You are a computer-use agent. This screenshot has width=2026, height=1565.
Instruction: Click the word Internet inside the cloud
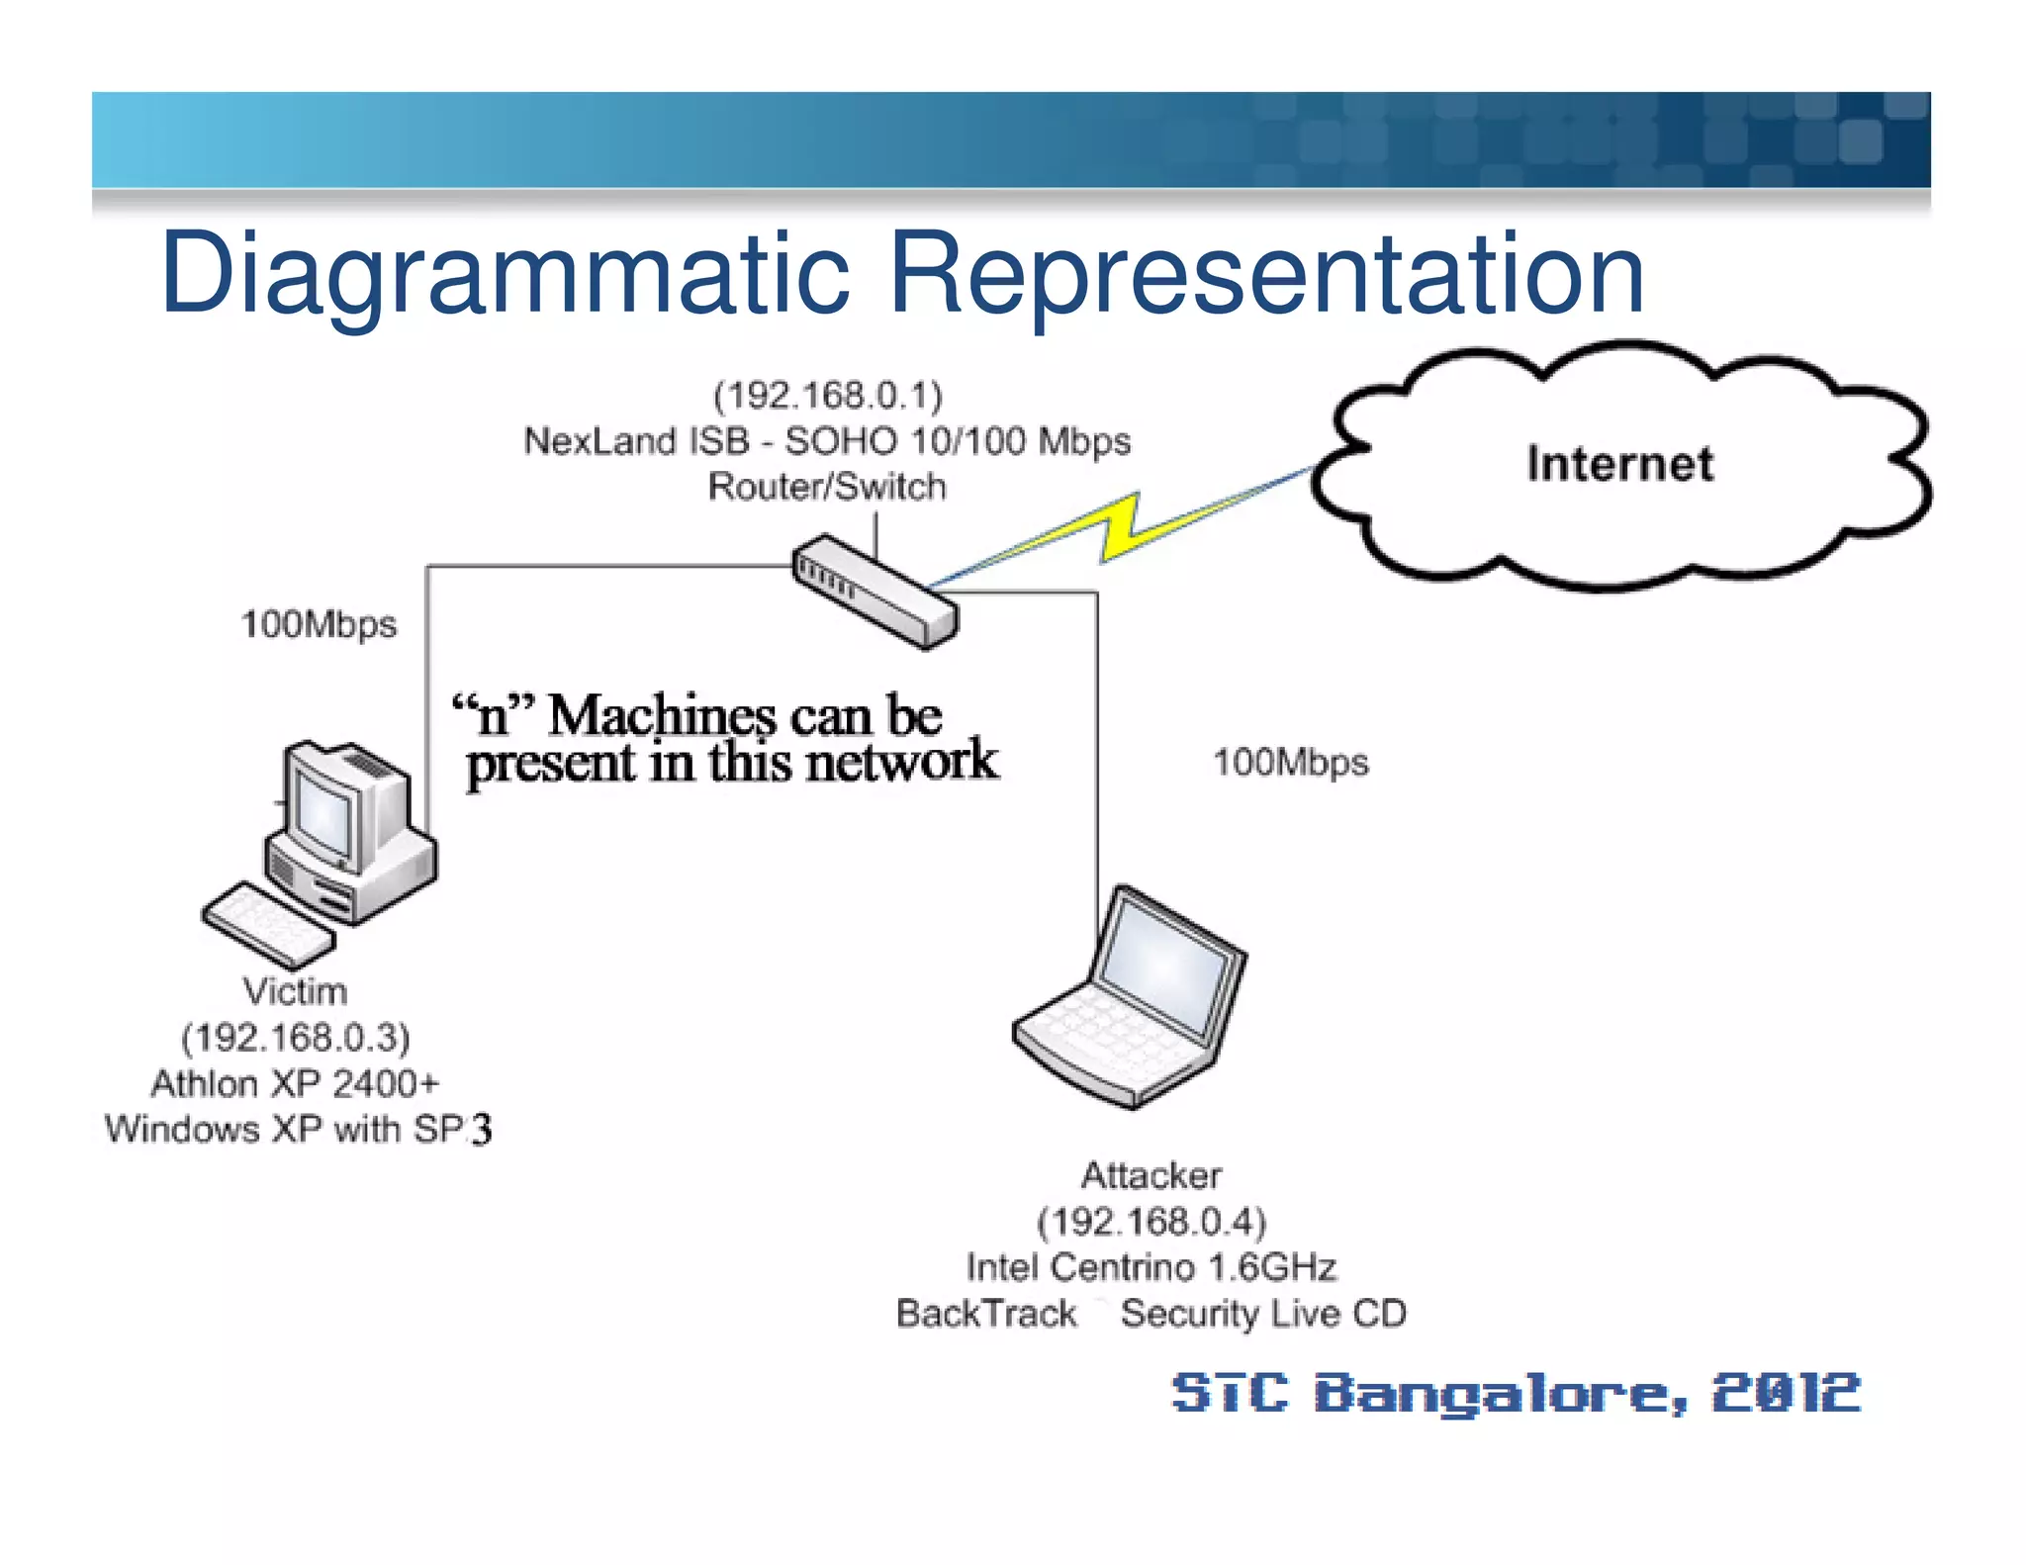pyautogui.click(x=1619, y=463)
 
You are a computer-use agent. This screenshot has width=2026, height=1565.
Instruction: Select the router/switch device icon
pyautogui.click(x=875, y=592)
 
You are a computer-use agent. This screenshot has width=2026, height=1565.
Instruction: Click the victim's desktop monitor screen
pyautogui.click(x=322, y=817)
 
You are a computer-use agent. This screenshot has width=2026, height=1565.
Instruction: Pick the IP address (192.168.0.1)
pyautogui.click(x=828, y=395)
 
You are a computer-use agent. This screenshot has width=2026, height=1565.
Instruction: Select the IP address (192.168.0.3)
pyautogui.click(x=295, y=1037)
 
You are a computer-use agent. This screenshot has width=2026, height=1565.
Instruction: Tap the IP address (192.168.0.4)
pyautogui.click(x=1151, y=1222)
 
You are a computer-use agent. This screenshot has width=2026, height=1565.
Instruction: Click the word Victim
pyautogui.click(x=295, y=991)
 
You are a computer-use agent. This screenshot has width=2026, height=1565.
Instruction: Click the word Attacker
pyautogui.click(x=1151, y=1175)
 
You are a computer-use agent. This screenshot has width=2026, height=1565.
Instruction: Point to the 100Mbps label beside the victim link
pyautogui.click(x=319, y=624)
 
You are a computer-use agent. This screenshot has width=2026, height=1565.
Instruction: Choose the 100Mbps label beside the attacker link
pyautogui.click(x=1291, y=763)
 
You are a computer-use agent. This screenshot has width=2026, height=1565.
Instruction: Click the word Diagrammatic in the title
pyautogui.click(x=505, y=273)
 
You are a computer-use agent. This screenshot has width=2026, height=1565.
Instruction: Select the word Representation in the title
pyautogui.click(x=1266, y=273)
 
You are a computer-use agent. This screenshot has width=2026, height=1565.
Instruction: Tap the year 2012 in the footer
pyautogui.click(x=1787, y=1393)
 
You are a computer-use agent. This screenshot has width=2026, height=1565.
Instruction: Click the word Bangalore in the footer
pyautogui.click(x=1500, y=1395)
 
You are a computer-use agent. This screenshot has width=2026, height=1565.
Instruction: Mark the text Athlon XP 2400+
pyautogui.click(x=295, y=1083)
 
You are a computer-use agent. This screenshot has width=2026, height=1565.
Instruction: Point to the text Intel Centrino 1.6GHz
pyautogui.click(x=1151, y=1267)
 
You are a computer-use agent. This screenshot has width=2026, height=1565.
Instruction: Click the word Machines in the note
pyautogui.click(x=663, y=715)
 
